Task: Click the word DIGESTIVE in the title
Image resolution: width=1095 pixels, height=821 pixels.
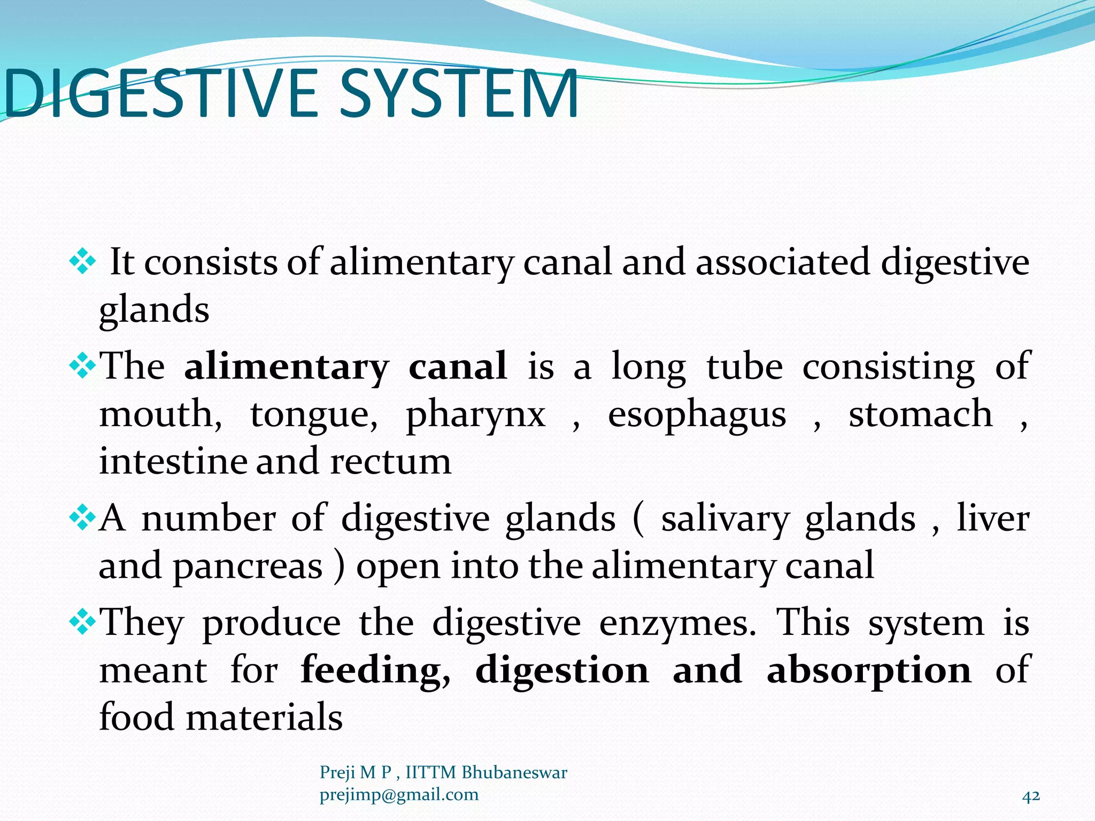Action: pyautogui.click(x=160, y=95)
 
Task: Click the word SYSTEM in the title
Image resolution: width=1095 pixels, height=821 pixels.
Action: pyautogui.click(x=459, y=95)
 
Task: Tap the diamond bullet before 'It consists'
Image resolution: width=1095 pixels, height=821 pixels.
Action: pyautogui.click(x=82, y=262)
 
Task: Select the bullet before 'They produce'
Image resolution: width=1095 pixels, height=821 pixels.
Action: pyautogui.click(x=82, y=622)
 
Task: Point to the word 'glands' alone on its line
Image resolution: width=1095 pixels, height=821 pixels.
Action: pyautogui.click(x=154, y=310)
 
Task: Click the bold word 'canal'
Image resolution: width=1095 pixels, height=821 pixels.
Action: pyautogui.click(x=458, y=367)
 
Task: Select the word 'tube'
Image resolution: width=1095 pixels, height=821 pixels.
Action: pyautogui.click(x=744, y=367)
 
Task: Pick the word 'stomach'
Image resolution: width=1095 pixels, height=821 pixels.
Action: pyautogui.click(x=920, y=414)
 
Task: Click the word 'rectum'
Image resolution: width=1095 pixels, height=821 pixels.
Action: pyautogui.click(x=390, y=461)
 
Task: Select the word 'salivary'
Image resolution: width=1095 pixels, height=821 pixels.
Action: pyautogui.click(x=724, y=519)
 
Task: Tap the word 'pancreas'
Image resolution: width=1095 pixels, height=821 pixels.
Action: pyautogui.click(x=248, y=566)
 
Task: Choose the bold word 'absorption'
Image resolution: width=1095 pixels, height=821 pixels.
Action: pyautogui.click(x=868, y=670)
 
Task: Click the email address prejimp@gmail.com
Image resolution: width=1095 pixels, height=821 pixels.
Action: pyautogui.click(x=399, y=795)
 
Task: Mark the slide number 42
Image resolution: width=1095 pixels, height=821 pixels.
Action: pyautogui.click(x=1031, y=796)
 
